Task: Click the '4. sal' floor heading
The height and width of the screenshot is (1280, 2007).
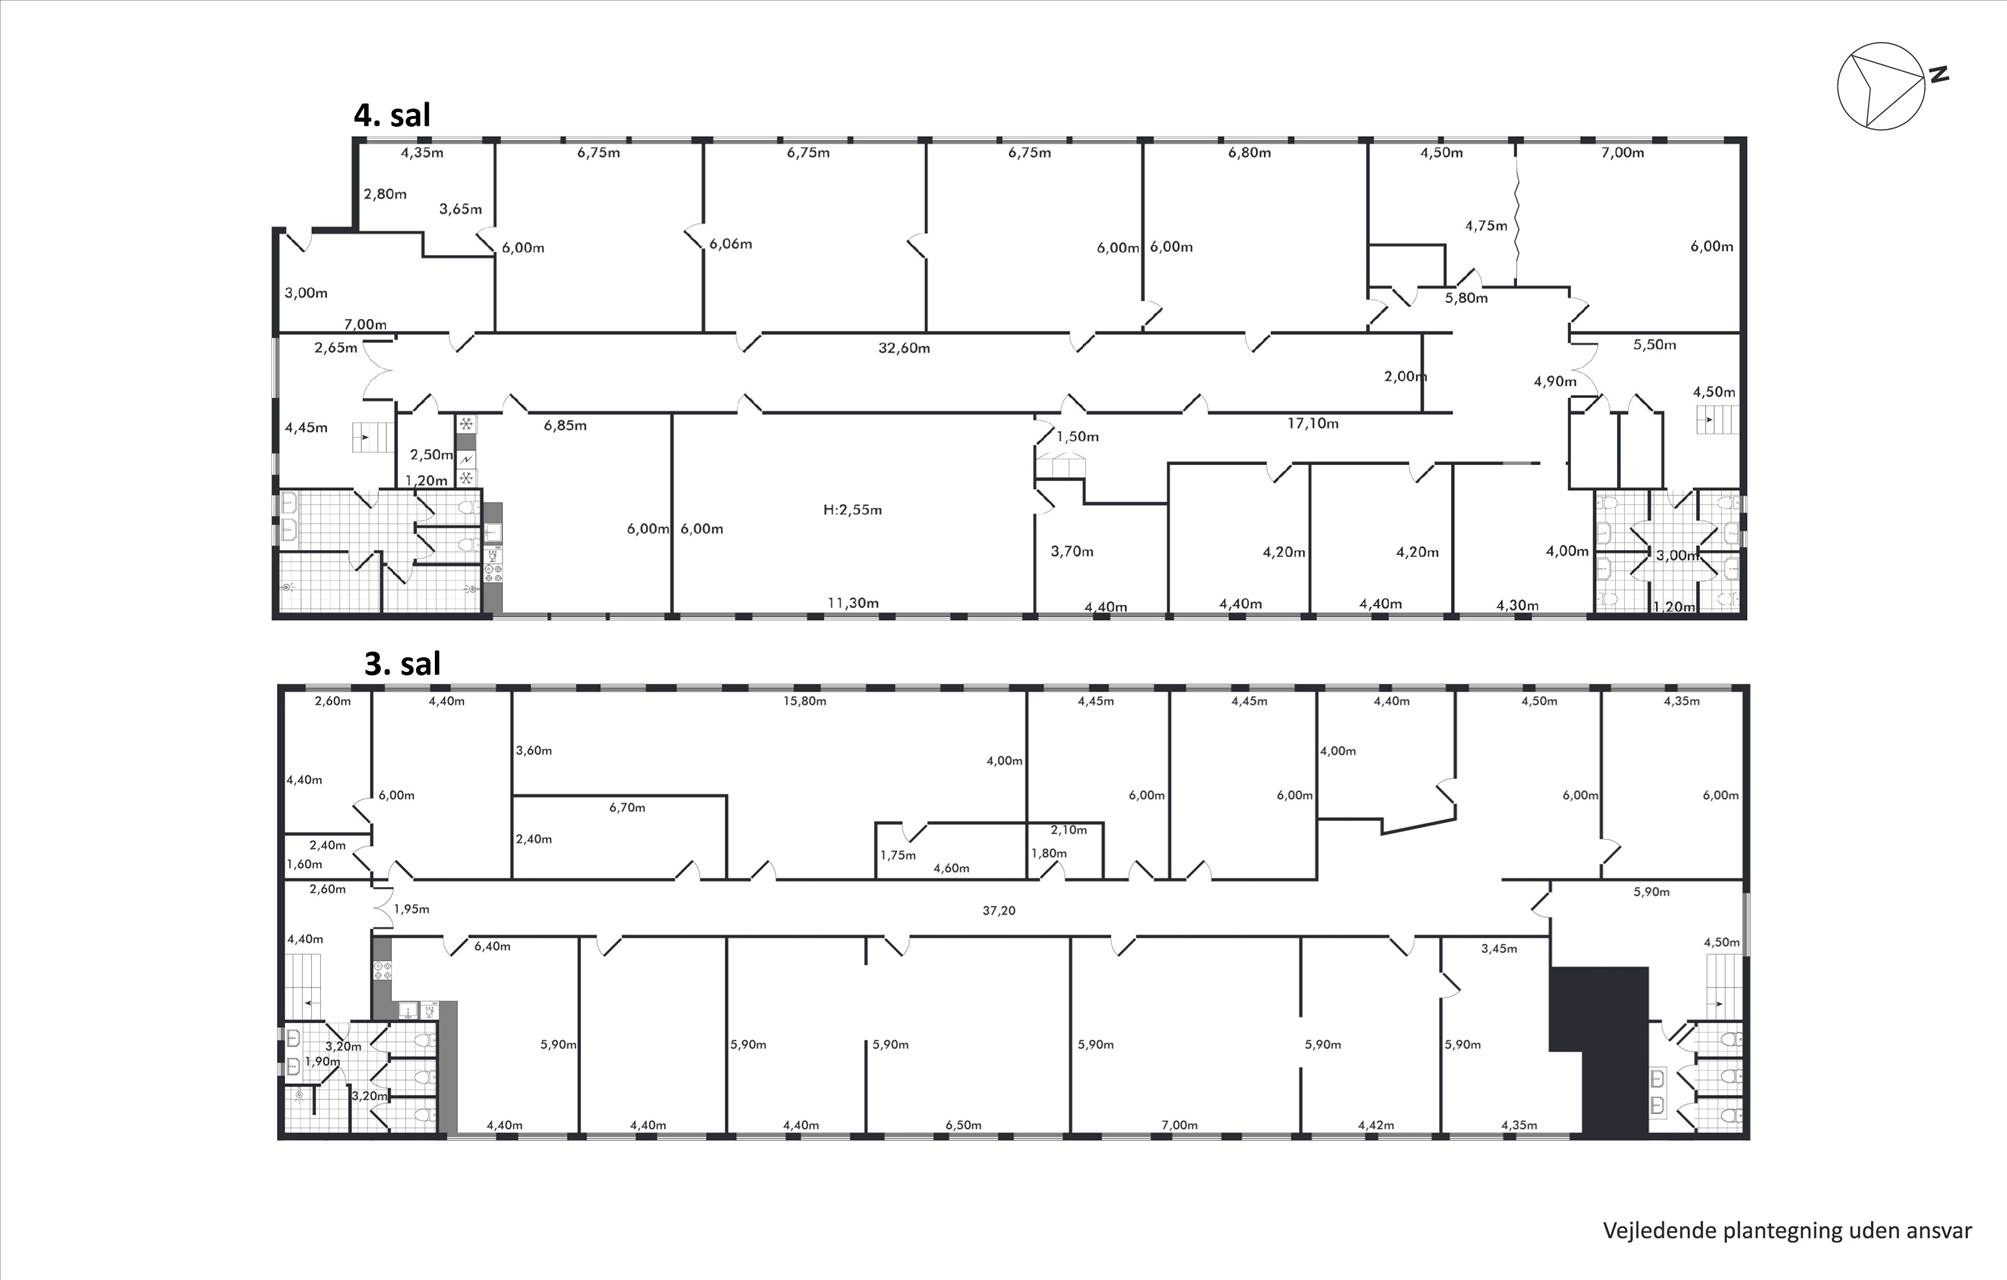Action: (392, 115)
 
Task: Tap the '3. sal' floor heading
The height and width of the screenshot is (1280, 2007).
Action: (402, 663)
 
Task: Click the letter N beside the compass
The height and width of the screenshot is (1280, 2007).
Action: (1939, 74)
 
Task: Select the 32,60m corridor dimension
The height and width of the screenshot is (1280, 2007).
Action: (904, 348)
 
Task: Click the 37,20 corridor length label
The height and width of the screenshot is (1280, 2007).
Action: (999, 911)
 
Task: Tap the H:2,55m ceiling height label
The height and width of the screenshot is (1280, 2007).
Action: (852, 510)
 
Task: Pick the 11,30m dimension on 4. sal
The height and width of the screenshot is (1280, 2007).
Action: (853, 603)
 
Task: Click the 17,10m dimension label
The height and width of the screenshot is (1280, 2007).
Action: (1312, 423)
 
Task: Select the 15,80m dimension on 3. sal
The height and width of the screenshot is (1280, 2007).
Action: (805, 701)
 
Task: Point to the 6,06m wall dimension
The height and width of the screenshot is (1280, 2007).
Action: (731, 244)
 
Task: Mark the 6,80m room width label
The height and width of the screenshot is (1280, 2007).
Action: (1249, 153)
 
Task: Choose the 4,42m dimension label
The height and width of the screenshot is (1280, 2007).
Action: (1375, 1125)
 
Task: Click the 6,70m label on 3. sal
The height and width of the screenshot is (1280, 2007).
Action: (627, 807)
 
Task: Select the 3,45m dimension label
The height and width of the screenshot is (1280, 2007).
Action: (1499, 948)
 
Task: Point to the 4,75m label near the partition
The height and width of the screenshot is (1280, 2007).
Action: (1486, 226)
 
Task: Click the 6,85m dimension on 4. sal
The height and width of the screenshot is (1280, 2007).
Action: (565, 425)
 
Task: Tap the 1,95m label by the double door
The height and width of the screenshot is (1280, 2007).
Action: (411, 909)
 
